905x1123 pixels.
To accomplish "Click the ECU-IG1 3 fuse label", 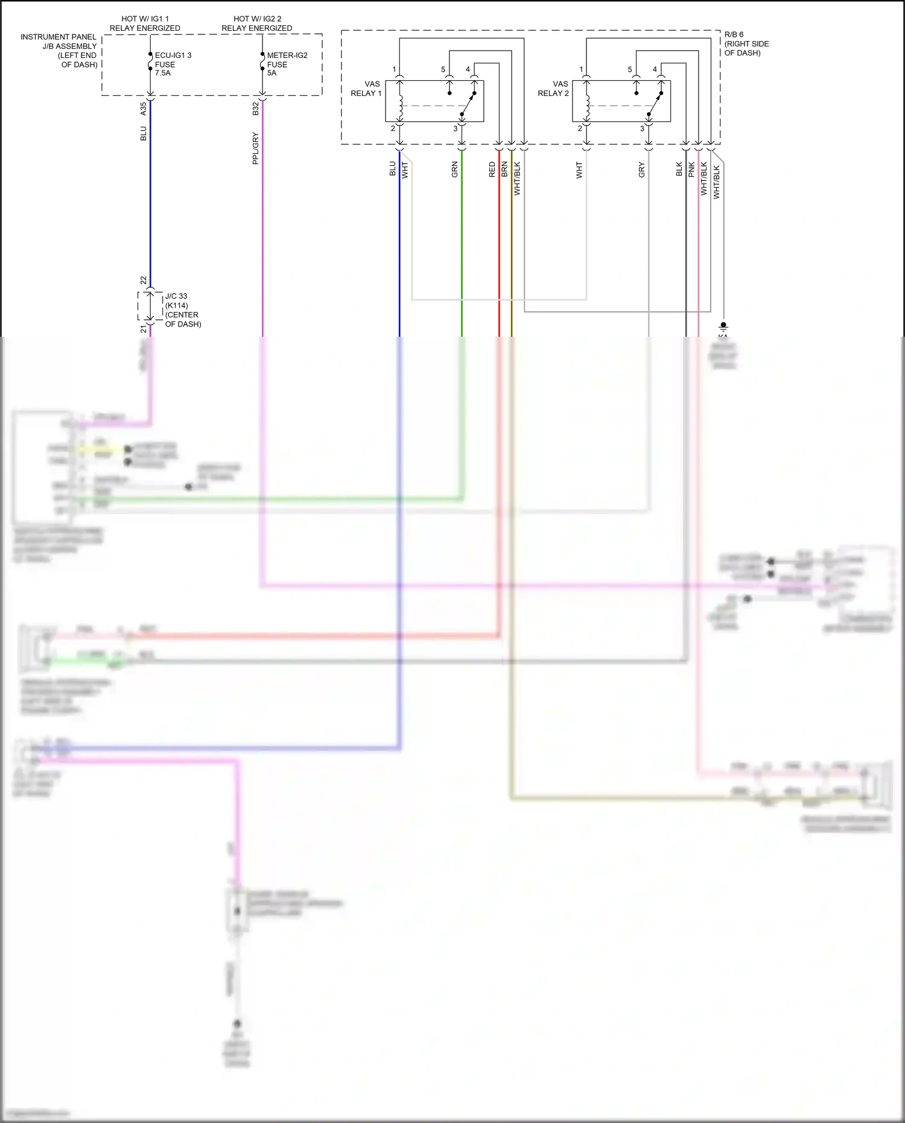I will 173,64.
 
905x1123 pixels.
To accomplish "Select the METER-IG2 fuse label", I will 287,64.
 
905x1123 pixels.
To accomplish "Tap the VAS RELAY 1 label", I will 366,89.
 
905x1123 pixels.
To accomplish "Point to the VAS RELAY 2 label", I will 553,89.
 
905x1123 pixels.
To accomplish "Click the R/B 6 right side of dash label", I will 746,44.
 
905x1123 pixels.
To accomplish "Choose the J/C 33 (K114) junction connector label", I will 183,310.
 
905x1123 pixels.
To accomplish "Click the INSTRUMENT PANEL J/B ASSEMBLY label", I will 59,51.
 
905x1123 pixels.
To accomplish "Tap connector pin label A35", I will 143,109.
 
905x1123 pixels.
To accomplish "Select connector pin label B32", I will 255,109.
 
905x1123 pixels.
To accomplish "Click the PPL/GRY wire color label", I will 255,148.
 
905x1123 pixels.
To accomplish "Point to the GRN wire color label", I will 455,170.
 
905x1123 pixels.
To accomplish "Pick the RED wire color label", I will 492,170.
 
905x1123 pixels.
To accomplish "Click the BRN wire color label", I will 504,170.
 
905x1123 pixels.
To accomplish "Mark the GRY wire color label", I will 642,170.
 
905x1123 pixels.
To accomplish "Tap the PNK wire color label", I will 691,170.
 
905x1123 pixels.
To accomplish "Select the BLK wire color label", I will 679,170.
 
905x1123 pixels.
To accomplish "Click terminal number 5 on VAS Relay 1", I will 443,69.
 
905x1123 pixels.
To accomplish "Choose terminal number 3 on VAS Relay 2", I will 642,129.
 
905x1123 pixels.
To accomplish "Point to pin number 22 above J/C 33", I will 143,281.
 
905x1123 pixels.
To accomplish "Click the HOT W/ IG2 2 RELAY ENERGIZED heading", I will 257,24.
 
